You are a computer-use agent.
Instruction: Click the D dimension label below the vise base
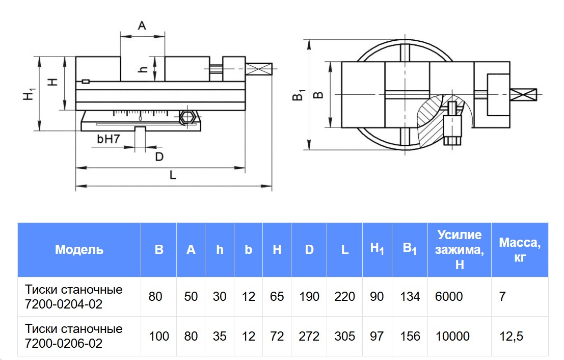click(x=159, y=157)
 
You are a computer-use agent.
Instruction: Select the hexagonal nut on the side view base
click(x=187, y=117)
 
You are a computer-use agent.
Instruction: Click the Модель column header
click(x=79, y=249)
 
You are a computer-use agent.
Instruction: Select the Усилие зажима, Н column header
click(x=459, y=249)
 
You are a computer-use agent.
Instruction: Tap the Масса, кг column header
click(x=519, y=249)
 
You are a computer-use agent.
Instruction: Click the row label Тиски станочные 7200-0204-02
click(x=74, y=297)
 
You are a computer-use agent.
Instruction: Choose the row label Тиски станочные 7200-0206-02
click(x=74, y=336)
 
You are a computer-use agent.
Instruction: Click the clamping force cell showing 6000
click(x=449, y=296)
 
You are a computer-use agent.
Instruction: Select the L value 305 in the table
click(x=344, y=336)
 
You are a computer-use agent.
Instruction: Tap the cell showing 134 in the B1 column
click(x=410, y=296)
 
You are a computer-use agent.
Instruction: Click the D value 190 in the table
click(x=309, y=296)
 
